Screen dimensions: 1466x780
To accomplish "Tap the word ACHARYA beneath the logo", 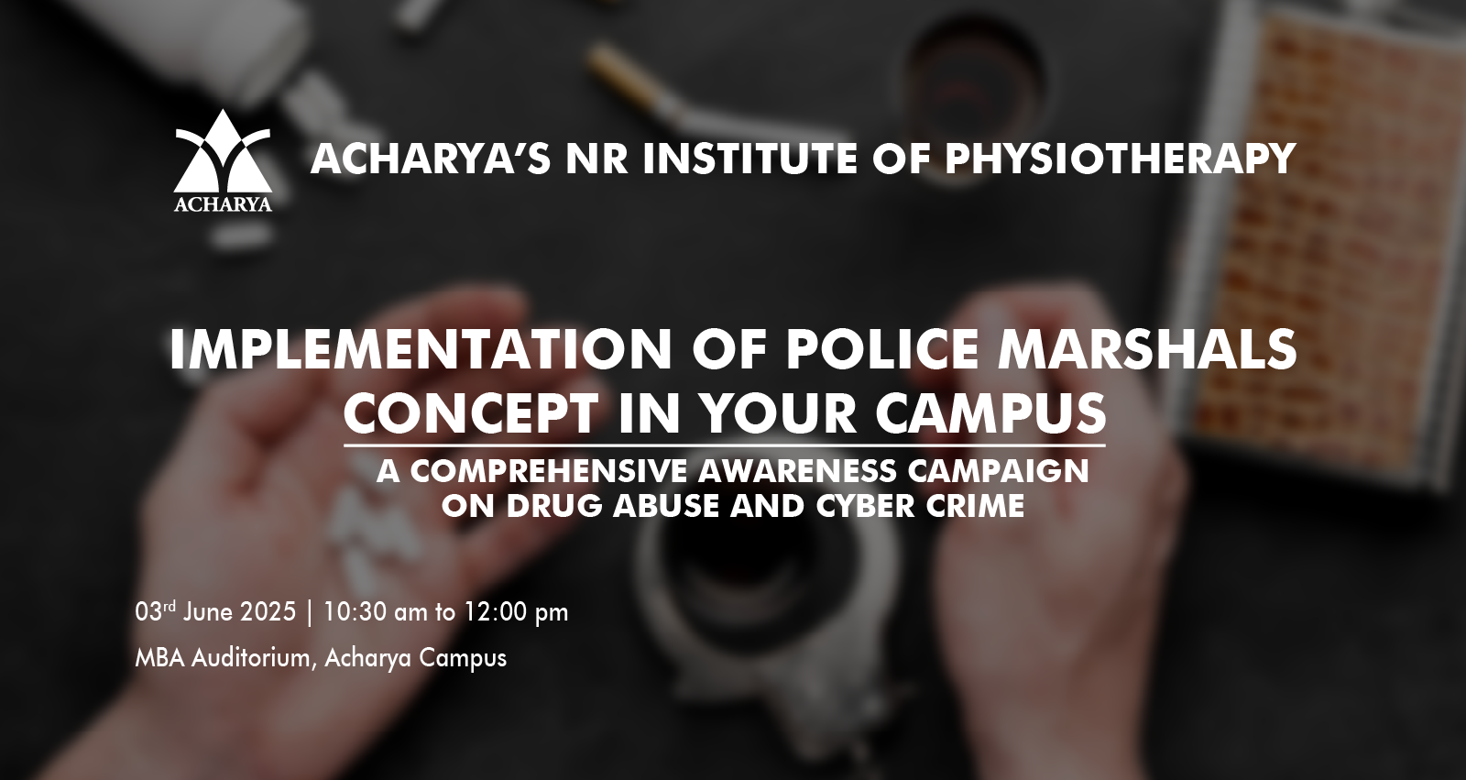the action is pyautogui.click(x=224, y=204).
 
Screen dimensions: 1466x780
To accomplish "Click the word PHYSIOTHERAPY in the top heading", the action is pyautogui.click(x=1120, y=159).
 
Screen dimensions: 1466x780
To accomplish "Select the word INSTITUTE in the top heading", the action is pyautogui.click(x=749, y=159).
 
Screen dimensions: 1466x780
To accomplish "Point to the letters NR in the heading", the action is pyautogui.click(x=595, y=159).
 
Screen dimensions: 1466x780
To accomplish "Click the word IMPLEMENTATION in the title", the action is pyautogui.click(x=421, y=350).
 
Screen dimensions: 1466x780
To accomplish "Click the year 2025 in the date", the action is pyautogui.click(x=268, y=611).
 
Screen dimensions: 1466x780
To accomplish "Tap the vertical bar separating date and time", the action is pyautogui.click(x=310, y=612).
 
